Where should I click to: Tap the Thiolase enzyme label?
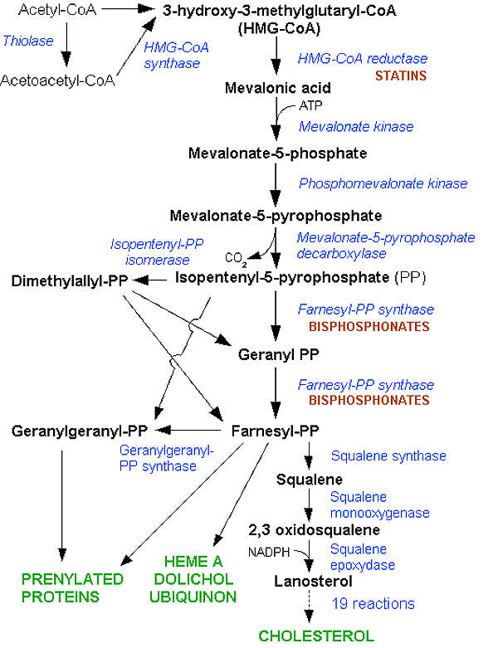pos(27,39)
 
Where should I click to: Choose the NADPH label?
pos(266,551)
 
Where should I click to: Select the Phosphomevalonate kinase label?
pos(383,183)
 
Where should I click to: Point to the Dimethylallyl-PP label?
pos(69,282)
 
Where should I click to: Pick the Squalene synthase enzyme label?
pos(388,456)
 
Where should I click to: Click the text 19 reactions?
pos(373,603)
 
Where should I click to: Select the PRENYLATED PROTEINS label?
pos(61,587)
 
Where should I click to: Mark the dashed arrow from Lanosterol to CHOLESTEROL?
pos(309,609)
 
